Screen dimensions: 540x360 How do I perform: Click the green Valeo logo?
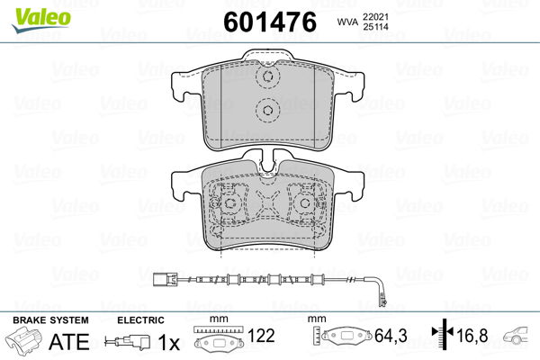[x=41, y=20]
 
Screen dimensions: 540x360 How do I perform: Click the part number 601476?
[x=270, y=22]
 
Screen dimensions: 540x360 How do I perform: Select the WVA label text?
[x=347, y=22]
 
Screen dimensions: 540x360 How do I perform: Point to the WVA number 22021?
[x=375, y=16]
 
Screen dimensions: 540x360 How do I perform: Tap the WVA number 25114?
[x=375, y=26]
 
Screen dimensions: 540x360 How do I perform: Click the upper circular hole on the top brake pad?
[x=267, y=76]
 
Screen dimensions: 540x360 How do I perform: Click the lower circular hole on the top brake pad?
[x=267, y=110]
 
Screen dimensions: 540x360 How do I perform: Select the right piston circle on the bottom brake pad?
[x=305, y=203]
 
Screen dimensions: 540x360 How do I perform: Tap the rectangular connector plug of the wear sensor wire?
[x=165, y=278]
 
